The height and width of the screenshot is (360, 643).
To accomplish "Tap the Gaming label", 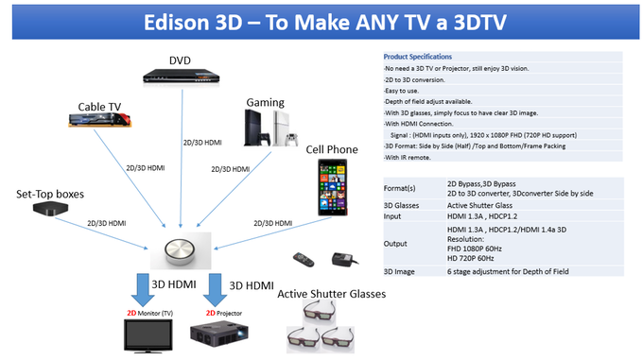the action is click(x=266, y=101).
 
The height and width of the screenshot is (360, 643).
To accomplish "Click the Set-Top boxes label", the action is click(x=51, y=195).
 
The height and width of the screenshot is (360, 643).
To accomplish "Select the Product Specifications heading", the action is click(x=418, y=57).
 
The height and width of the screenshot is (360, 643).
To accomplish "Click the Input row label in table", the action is click(x=394, y=215).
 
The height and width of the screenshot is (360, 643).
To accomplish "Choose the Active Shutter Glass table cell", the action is click(x=480, y=203).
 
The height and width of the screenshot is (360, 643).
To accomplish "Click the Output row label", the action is click(x=396, y=244).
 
